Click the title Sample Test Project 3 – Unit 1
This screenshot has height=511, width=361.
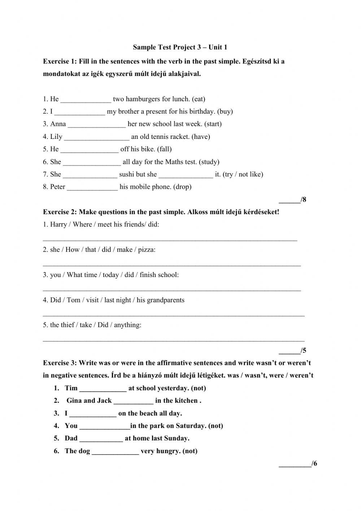coord(180,47)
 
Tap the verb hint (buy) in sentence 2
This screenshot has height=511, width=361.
coord(225,111)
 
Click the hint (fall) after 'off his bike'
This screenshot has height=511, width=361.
coord(164,149)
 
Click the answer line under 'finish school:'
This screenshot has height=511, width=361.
coord(172,289)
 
